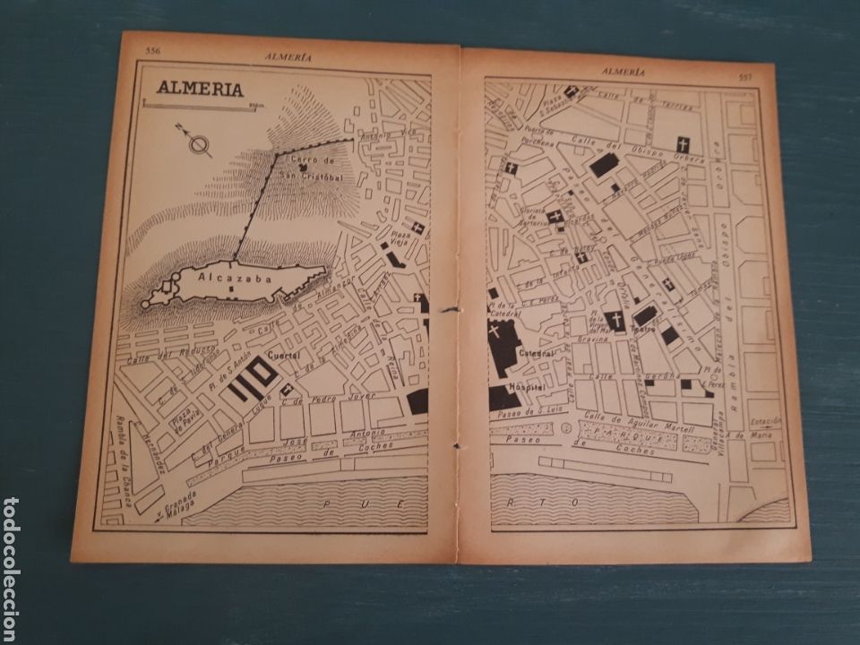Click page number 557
(744, 76)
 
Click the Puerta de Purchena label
(543, 141)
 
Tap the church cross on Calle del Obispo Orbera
(682, 143)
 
